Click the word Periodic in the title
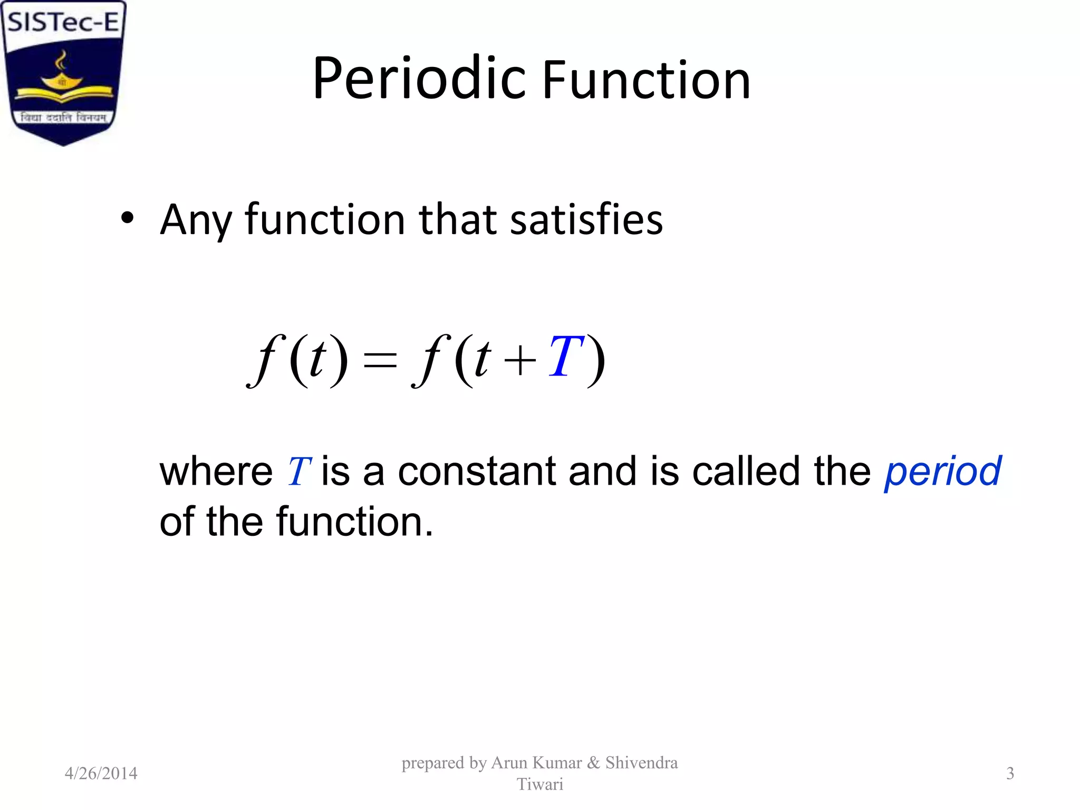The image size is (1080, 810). click(x=419, y=79)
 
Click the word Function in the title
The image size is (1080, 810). click(x=646, y=80)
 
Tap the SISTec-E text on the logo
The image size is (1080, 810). click(x=63, y=22)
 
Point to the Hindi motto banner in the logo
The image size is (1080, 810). click(x=63, y=117)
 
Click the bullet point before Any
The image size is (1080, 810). click(x=127, y=218)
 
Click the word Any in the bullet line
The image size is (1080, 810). click(x=195, y=220)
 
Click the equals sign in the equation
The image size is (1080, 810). click(x=380, y=361)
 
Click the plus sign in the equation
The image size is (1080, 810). click(x=519, y=361)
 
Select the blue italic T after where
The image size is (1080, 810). click(x=298, y=471)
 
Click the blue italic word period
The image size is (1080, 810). click(x=942, y=471)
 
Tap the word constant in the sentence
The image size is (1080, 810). click(x=477, y=471)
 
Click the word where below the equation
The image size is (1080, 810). click(x=216, y=471)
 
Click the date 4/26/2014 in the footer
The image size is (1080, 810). click(x=101, y=773)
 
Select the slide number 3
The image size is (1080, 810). click(x=1010, y=773)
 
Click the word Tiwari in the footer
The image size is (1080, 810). click(x=539, y=784)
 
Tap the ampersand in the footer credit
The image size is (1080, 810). click(x=593, y=763)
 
